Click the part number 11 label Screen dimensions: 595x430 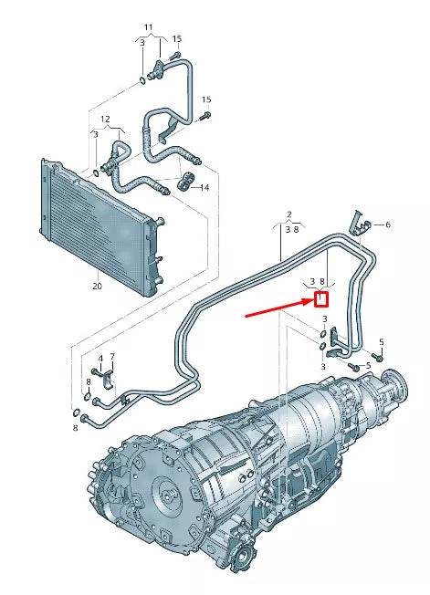pyautogui.click(x=149, y=27)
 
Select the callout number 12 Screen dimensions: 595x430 pyautogui.click(x=105, y=120)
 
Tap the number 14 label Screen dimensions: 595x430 pyautogui.click(x=205, y=187)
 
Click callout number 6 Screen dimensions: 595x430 pyautogui.click(x=387, y=224)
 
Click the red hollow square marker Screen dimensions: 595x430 pyautogui.click(x=321, y=298)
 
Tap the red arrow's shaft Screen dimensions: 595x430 pyautogui.click(x=278, y=307)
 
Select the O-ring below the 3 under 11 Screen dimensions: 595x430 pyautogui.click(x=143, y=78)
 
